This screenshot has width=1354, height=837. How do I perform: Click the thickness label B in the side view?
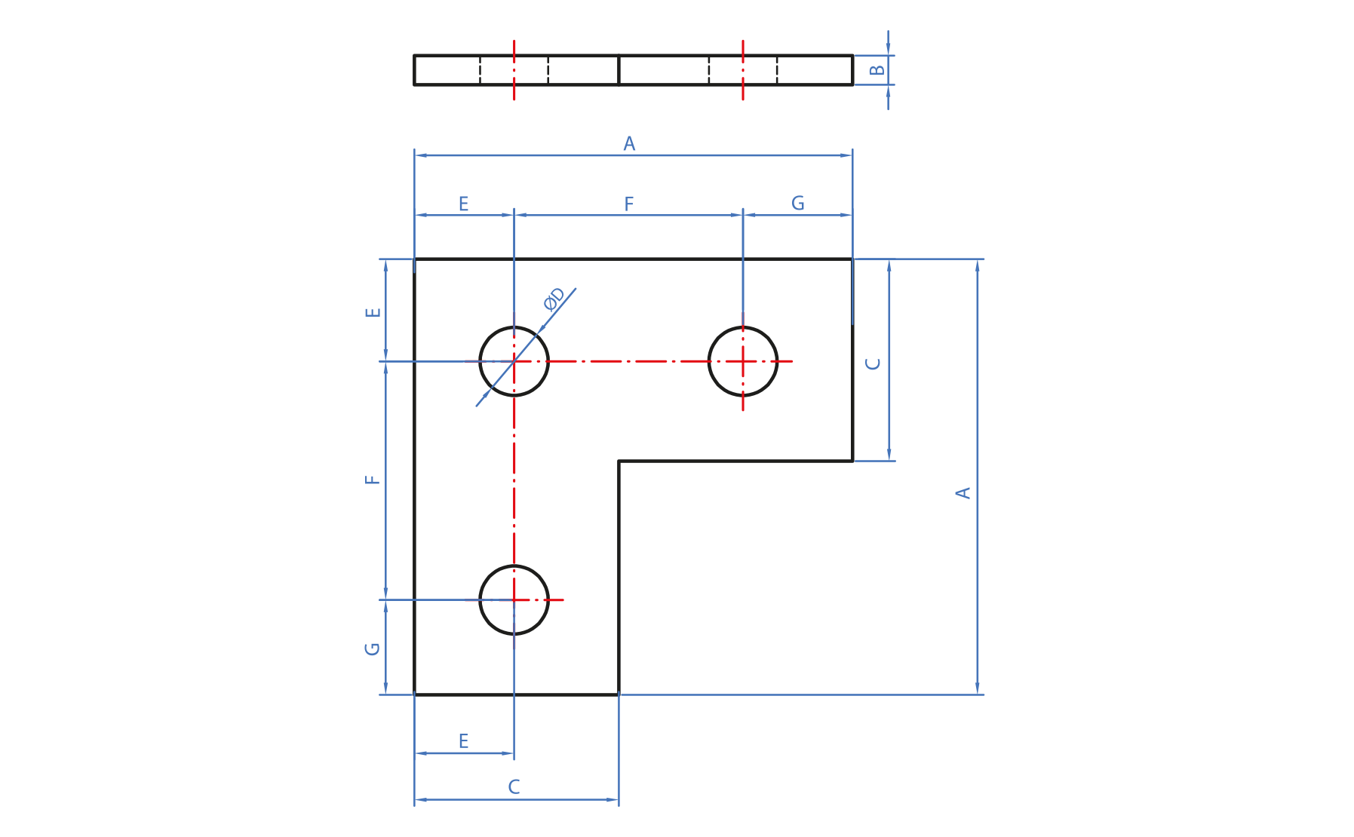[877, 70]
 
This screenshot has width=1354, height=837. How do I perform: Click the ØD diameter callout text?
[554, 299]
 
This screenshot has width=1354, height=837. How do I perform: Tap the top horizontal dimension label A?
[629, 144]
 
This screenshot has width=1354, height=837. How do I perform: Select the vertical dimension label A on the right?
[963, 493]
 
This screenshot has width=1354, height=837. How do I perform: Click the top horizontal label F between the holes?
[629, 204]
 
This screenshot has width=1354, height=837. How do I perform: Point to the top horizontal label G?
[797, 204]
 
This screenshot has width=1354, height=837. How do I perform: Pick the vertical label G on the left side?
[373, 648]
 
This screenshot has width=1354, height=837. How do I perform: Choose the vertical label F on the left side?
[373, 480]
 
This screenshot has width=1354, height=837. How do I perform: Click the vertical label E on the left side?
[373, 312]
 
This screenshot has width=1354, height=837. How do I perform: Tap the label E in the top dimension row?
[463, 204]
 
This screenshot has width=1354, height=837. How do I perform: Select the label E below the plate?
[463, 741]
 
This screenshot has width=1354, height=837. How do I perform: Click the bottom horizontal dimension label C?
[514, 787]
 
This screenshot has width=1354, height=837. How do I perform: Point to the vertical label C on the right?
[873, 363]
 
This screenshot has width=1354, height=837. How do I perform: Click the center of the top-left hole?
[514, 361]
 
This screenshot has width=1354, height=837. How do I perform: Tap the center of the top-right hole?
[743, 361]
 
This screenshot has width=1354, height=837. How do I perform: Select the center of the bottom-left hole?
[514, 600]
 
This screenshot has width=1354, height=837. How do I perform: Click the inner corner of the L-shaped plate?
[619, 461]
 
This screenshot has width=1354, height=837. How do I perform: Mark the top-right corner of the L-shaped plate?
[852, 259]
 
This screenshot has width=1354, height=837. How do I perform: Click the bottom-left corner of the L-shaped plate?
[415, 694]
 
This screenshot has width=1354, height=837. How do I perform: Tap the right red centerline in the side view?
[743, 70]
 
